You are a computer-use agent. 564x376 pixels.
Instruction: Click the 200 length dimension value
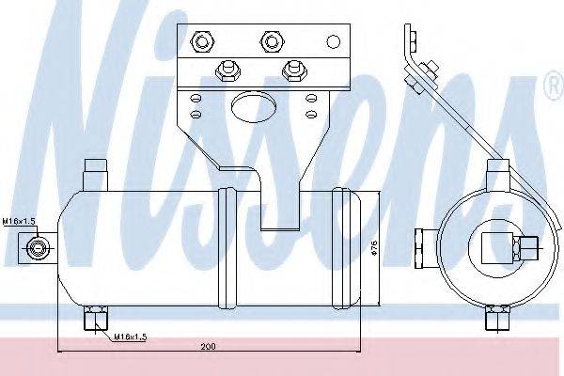[x=208, y=347]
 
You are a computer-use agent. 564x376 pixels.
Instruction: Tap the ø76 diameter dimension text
[x=374, y=248]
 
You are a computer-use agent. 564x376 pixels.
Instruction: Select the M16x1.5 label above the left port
[x=19, y=221]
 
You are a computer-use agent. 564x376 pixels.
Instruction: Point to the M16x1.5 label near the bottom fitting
[x=131, y=337]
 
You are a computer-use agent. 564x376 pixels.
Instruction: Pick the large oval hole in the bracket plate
[x=254, y=106]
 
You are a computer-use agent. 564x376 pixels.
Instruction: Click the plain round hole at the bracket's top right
[x=334, y=41]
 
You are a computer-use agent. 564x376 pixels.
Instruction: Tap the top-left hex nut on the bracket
[x=202, y=41]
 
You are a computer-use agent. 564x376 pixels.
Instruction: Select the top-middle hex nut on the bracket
[x=272, y=41]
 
